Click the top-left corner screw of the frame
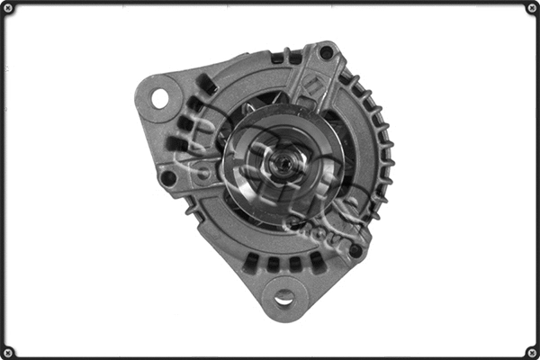pos(8,8)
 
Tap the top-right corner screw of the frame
pos(531,8)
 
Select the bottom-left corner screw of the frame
pos(8,351)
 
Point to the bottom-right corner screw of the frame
pos(531,351)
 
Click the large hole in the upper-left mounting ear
pos(161,96)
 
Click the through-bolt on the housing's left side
pos(168,177)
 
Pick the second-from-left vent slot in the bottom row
pos(273,264)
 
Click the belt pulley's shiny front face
pos(261,144)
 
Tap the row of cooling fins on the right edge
pos(382,162)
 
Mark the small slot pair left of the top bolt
pos(287,58)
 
